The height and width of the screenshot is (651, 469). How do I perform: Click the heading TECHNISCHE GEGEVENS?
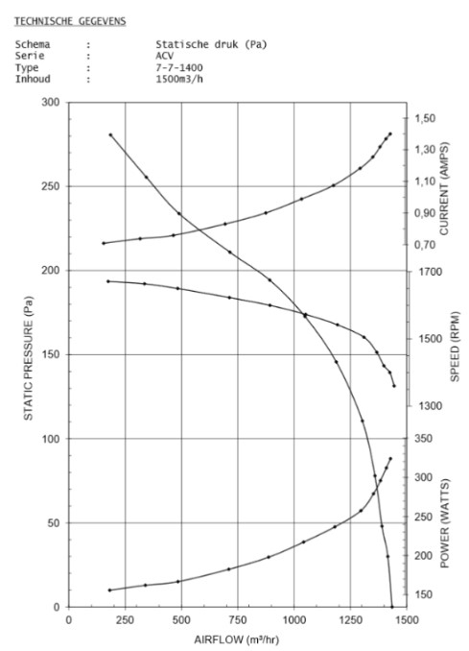tap(70, 21)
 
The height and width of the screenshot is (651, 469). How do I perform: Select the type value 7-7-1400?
tap(179, 67)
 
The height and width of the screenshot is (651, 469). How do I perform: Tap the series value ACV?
tap(165, 56)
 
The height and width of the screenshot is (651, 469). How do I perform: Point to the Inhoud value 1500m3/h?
tap(179, 79)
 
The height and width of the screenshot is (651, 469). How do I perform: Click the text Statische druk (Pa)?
tap(211, 44)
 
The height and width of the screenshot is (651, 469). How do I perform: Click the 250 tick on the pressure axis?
tap(51, 186)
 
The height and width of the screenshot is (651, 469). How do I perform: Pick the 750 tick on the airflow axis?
tap(238, 620)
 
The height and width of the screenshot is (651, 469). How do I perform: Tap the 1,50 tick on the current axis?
tap(425, 118)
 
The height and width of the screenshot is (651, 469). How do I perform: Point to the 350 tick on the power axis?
tap(423, 439)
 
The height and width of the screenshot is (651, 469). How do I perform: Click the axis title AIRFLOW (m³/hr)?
tap(236, 639)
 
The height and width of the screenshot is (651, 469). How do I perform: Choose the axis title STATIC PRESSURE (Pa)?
tap(28, 358)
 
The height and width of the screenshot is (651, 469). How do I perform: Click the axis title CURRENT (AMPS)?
tap(444, 189)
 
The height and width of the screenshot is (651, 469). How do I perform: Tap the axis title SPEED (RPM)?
tap(455, 347)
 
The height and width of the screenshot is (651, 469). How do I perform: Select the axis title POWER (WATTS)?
tap(444, 523)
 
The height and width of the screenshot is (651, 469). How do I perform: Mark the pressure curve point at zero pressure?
tap(392, 607)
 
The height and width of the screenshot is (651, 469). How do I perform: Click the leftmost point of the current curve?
tap(104, 243)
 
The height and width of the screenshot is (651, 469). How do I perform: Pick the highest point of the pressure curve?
tap(110, 135)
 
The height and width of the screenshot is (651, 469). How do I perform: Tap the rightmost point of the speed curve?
tap(394, 386)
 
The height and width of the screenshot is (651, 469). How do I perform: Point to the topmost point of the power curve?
tap(390, 459)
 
